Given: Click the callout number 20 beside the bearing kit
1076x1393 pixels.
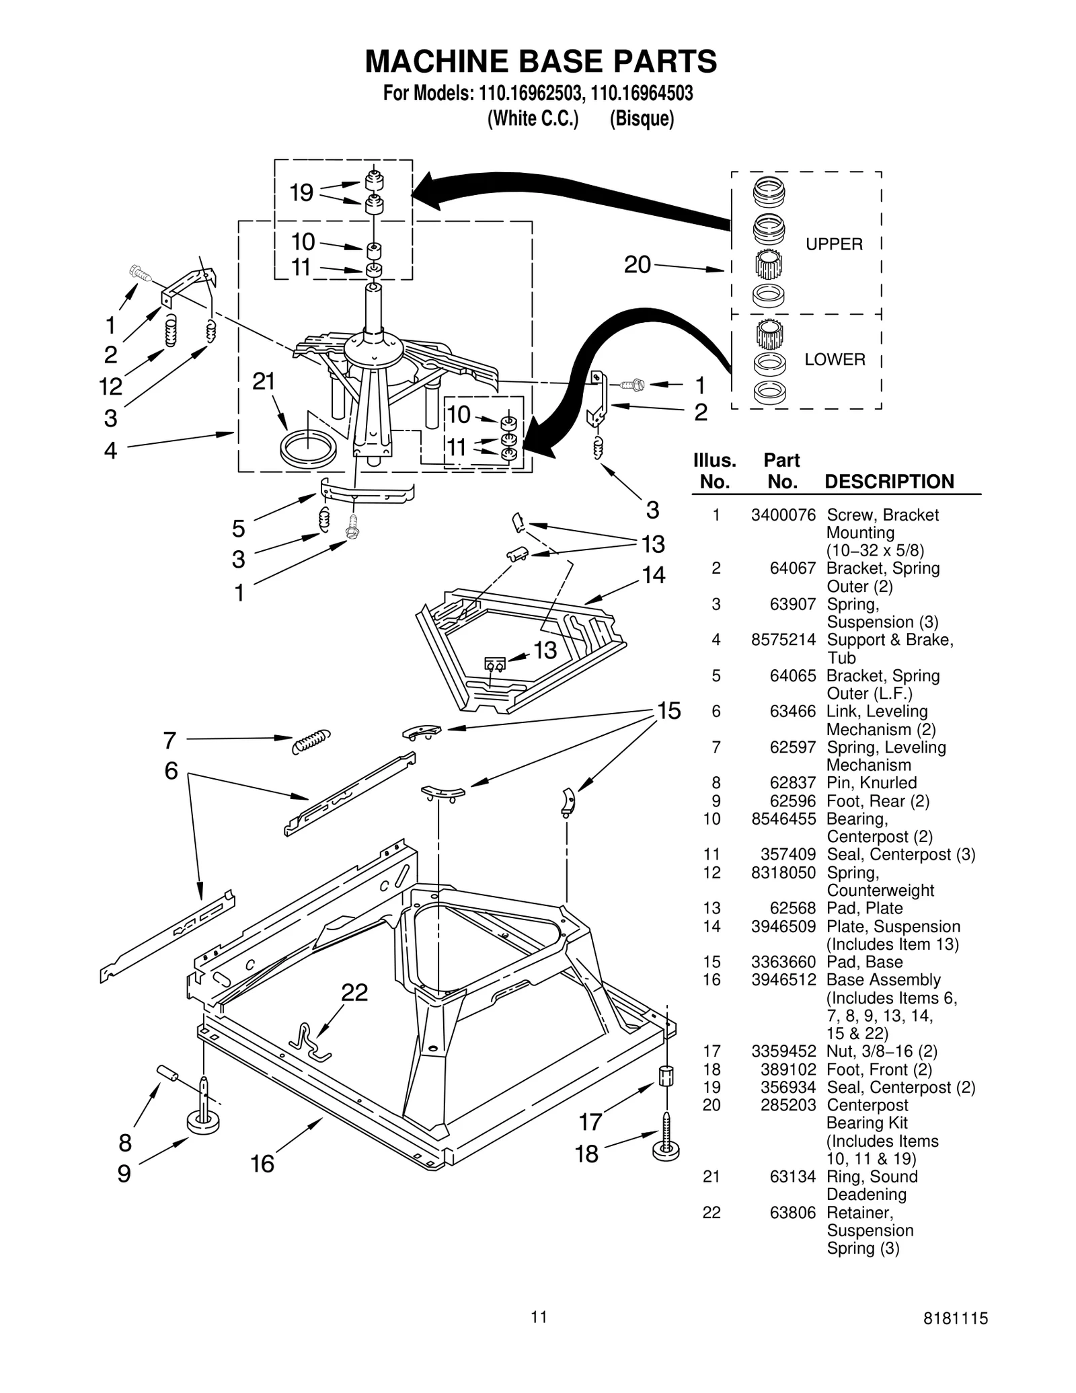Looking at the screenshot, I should tap(637, 265).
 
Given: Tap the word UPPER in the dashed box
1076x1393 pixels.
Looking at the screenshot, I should tap(834, 244).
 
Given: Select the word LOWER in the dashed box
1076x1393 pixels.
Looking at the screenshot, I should tap(835, 359).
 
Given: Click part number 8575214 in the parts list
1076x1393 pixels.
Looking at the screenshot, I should tap(783, 640).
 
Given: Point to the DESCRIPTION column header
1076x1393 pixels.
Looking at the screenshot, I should tap(889, 482).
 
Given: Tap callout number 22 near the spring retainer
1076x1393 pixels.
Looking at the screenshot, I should tap(354, 992).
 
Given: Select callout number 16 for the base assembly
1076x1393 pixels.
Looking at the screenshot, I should tap(262, 1164).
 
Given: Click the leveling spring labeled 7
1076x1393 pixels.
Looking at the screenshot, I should tap(311, 741).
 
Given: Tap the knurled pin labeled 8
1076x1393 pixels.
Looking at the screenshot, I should tap(166, 1073).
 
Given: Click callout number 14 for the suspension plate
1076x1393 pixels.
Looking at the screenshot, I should tap(653, 575).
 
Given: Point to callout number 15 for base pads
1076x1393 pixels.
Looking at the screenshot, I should tap(668, 711).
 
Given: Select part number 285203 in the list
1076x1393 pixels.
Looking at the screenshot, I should tap(787, 1105).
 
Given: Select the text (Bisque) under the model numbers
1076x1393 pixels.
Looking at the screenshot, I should tap(642, 119).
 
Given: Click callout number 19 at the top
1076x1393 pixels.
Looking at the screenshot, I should tap(301, 193).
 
